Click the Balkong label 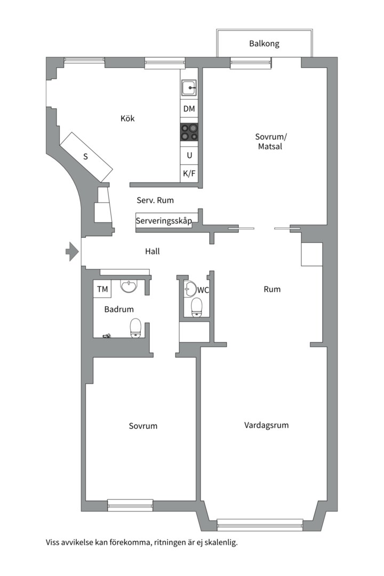264,44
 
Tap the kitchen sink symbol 189,88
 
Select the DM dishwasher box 189,109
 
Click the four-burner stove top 189,132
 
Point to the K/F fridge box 189,173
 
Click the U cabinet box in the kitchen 189,155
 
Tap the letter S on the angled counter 86,157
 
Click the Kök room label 127,118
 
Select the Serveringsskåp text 164,221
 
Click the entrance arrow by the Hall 73,251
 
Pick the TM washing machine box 102,289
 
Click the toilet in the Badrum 136,327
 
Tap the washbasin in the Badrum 129,286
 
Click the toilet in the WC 197,307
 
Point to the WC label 203,290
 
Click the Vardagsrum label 267,425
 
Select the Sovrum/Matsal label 270,141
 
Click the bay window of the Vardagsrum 260,525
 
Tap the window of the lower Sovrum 130,505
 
